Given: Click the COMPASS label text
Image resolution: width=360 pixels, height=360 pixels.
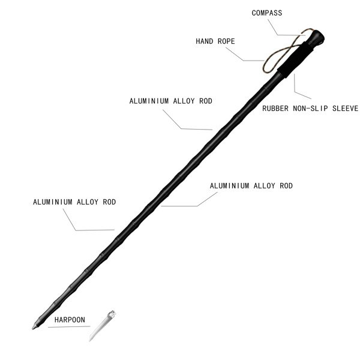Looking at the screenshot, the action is (x=267, y=13).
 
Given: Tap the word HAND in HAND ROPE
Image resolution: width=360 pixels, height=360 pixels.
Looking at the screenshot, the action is (x=204, y=41).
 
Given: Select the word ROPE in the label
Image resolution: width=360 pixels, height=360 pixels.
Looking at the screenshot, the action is (x=226, y=41).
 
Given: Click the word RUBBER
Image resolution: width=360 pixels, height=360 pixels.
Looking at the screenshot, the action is (x=275, y=109).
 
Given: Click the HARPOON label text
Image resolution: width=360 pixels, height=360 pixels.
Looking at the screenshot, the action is (x=70, y=320).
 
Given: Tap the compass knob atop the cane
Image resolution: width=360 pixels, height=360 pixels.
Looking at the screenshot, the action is (x=316, y=37).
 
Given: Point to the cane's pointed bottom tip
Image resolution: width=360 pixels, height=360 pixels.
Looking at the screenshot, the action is (x=32, y=329).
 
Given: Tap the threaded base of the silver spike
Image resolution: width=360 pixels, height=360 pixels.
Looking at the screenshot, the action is (x=112, y=313).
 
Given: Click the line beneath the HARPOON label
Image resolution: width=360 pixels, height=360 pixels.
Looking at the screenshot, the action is (x=69, y=327).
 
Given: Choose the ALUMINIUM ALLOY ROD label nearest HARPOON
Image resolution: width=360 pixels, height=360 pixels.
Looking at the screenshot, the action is (x=74, y=202).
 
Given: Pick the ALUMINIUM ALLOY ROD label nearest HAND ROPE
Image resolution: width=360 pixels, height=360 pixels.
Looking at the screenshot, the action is (x=170, y=101).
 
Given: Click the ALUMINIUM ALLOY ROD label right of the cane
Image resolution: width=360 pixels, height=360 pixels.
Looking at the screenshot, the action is (x=251, y=186).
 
